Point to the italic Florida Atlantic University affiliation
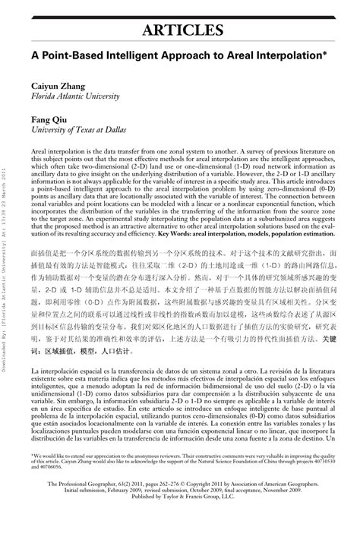click(75, 98)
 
